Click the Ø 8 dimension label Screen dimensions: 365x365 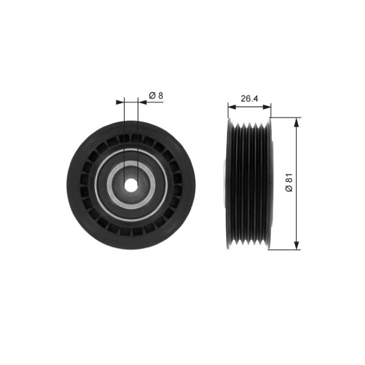point(156,95)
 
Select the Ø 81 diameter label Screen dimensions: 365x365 point(289,183)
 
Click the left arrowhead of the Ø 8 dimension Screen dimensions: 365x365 point(121,102)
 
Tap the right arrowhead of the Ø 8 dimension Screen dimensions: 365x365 point(142,102)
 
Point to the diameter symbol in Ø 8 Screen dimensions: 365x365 point(151,95)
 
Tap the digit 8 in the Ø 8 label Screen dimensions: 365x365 point(160,95)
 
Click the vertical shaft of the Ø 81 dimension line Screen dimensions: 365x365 point(297,152)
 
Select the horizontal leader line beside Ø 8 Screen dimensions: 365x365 point(155,102)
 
